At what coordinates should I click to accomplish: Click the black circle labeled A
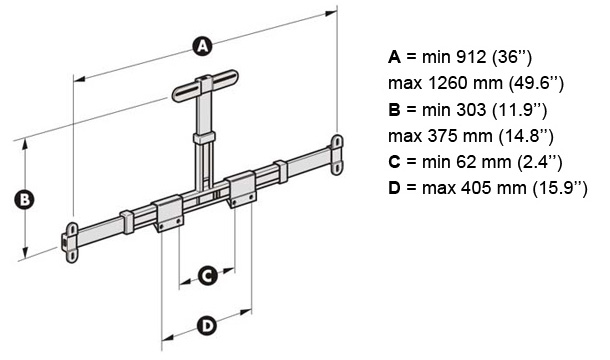(202, 46)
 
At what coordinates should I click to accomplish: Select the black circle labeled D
(206, 325)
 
